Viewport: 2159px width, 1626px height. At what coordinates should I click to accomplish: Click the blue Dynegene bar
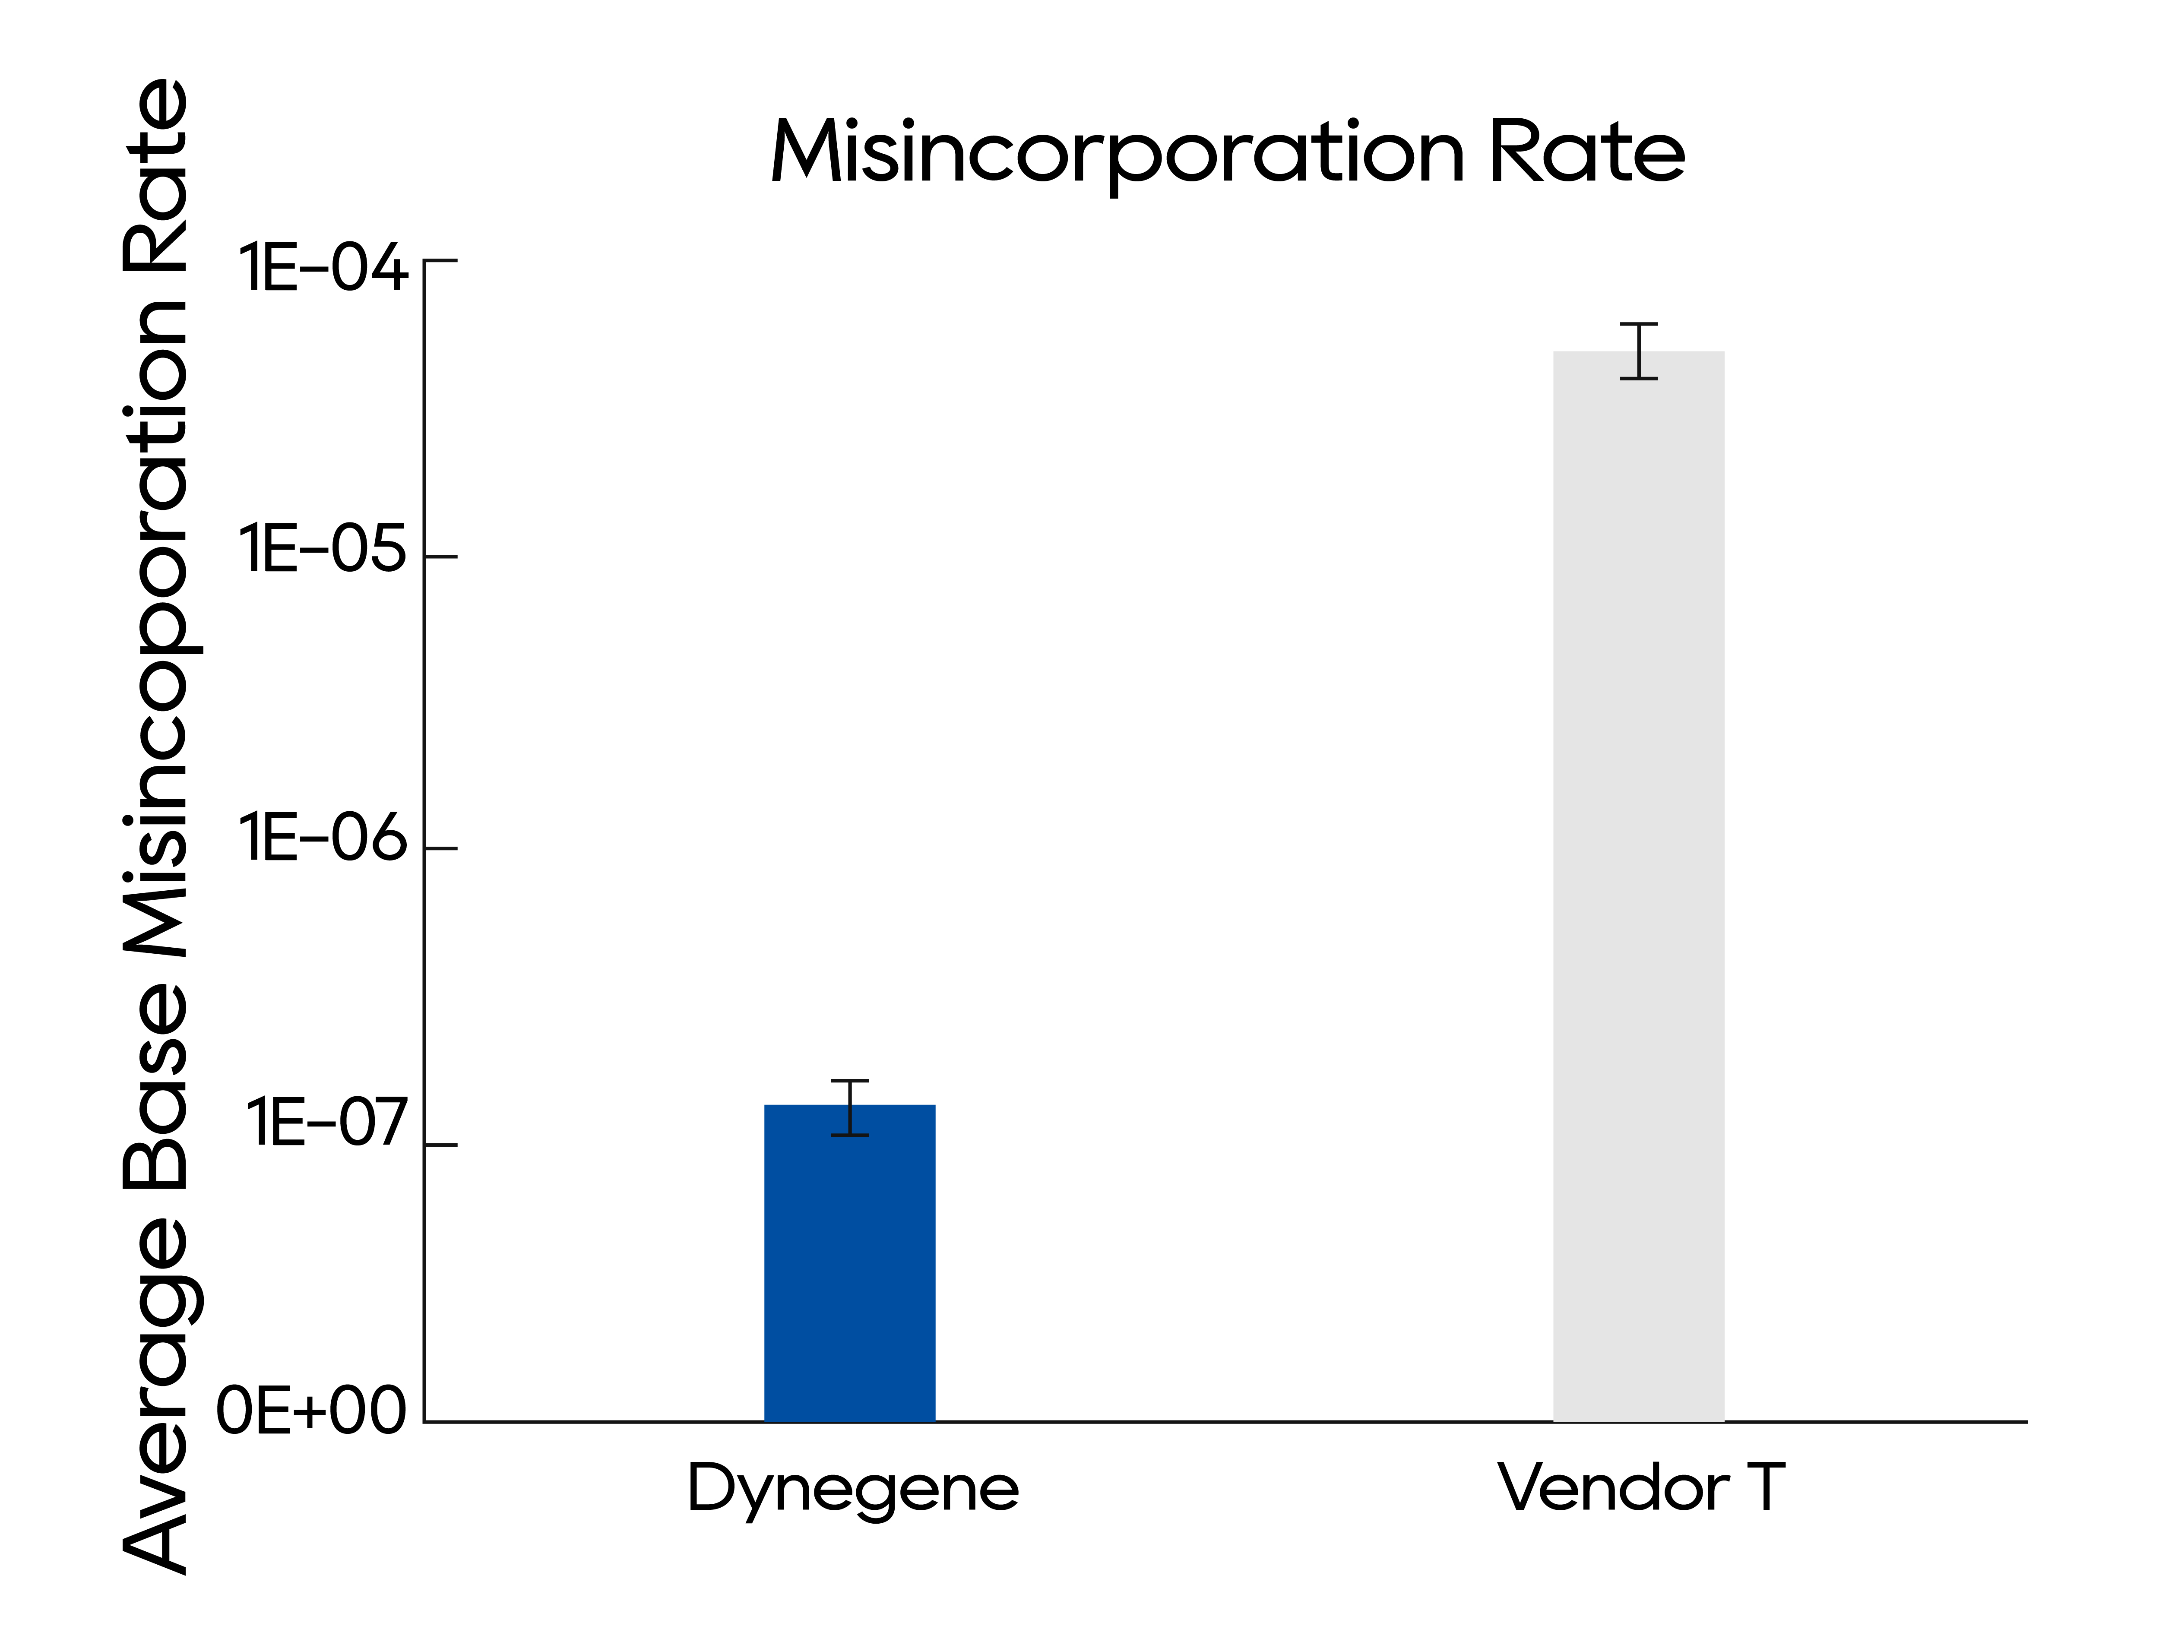849,1269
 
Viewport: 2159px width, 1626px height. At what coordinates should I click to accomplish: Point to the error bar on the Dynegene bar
850,1108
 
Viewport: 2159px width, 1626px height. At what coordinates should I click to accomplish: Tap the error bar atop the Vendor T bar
1639,351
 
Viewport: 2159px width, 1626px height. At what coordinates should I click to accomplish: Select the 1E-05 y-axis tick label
322,548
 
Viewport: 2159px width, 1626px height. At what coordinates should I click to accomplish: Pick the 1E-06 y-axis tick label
322,838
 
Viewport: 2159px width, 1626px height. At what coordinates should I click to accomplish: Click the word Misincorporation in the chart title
1117,153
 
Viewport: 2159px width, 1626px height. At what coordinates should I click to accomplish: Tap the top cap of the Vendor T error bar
1639,324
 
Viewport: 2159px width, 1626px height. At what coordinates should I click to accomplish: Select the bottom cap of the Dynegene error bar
850,1135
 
